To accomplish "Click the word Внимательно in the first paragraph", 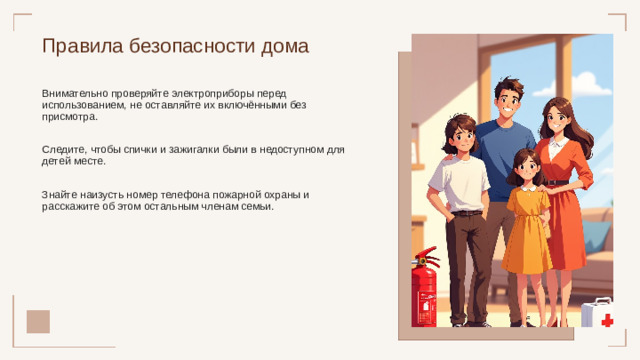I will (71, 92).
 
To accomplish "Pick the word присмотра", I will (70, 116).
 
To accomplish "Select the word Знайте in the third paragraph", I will (59, 194).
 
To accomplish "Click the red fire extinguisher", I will (424, 289).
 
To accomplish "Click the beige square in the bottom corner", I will (38, 321).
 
